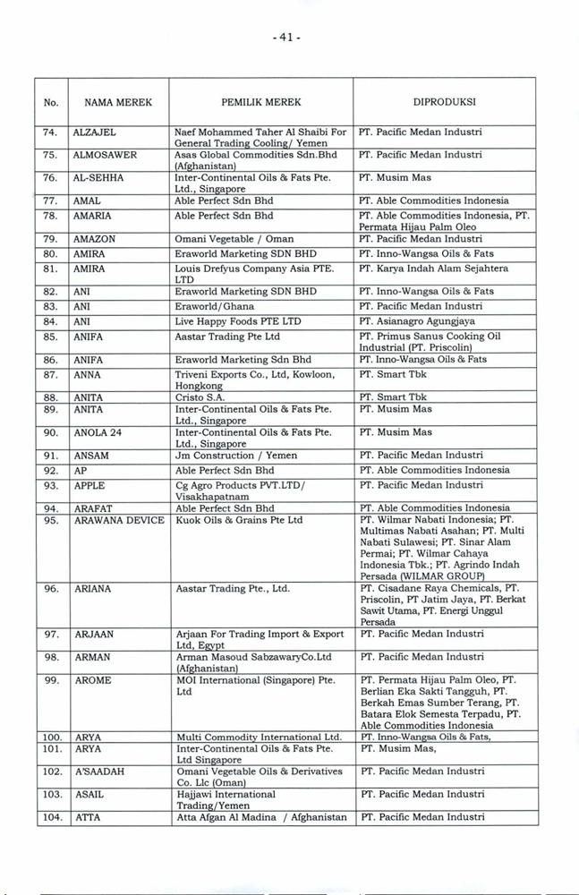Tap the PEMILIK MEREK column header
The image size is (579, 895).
tap(261, 102)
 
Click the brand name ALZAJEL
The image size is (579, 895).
tap(95, 132)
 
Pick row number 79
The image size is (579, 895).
tap(51, 240)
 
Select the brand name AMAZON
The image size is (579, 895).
tap(96, 240)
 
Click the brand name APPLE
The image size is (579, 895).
tap(90, 486)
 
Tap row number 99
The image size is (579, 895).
tap(51, 681)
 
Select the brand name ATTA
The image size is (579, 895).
tap(88, 817)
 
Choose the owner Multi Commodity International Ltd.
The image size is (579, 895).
tap(260, 737)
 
